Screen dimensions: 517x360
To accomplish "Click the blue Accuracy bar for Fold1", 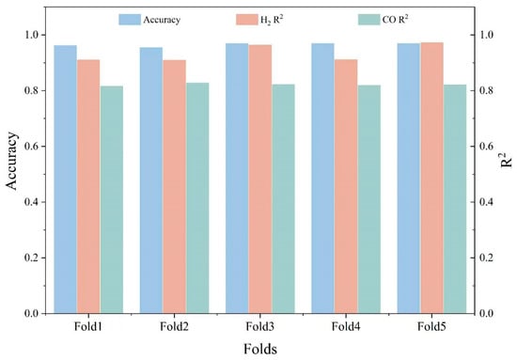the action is (x=65, y=179).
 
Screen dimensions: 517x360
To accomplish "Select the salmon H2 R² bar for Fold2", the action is (x=175, y=187).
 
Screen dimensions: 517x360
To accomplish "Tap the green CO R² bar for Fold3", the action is (x=283, y=198).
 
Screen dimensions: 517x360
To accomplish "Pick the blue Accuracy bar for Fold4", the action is (x=322, y=179).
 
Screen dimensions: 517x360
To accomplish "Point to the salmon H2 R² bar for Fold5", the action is (x=432, y=178).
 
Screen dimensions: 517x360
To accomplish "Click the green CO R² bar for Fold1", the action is (x=112, y=199).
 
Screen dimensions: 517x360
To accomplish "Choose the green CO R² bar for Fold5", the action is (x=455, y=198).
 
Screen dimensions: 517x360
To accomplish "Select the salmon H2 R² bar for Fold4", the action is (x=346, y=186).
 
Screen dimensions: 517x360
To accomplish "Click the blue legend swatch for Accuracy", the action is (x=130, y=20).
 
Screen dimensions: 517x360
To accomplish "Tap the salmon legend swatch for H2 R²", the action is (x=246, y=20).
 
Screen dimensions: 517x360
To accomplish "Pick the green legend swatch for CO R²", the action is (x=369, y=20).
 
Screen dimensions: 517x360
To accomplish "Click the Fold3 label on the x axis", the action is (x=259, y=327).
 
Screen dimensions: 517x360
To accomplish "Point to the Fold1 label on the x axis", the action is (x=88, y=327).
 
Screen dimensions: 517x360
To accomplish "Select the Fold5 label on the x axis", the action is (x=431, y=327).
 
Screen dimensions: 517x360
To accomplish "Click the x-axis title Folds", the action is (x=260, y=349).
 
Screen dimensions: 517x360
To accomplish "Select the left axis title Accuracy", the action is (x=11, y=161).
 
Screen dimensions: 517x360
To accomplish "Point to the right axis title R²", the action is (x=506, y=159).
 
